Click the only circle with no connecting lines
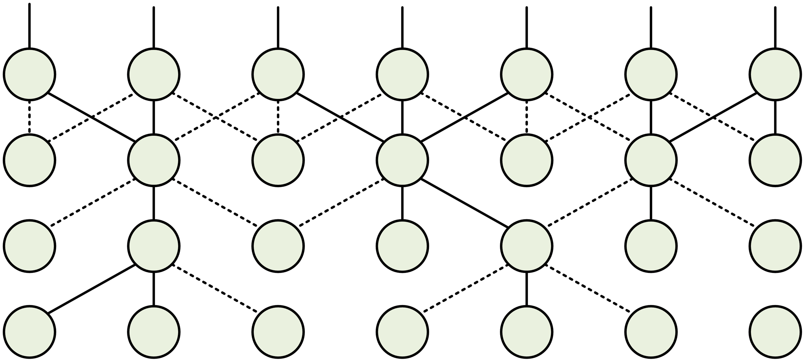point(775,332)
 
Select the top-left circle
point(30,75)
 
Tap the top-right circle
point(775,75)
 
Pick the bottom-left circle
point(30,332)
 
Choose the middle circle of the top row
point(402,75)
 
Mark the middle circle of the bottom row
point(402,332)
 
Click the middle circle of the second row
point(402,160)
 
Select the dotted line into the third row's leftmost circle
point(92,203)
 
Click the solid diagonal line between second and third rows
point(464,203)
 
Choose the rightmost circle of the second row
point(775,160)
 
